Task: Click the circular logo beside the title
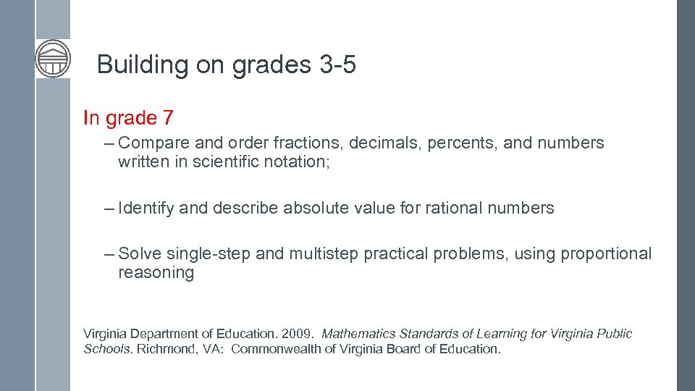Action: (53, 59)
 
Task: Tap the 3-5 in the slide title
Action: (337, 65)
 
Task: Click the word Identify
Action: (146, 209)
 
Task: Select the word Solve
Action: (140, 254)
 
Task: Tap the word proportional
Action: (605, 254)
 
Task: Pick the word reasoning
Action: (156, 273)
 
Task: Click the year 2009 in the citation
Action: (298, 335)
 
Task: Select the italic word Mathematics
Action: (358, 335)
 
